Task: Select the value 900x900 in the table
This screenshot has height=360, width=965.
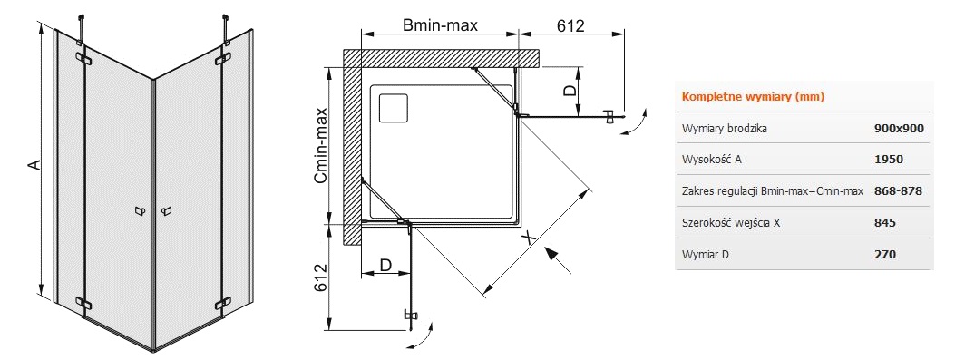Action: click(899, 129)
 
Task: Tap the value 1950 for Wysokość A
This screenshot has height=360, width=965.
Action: click(888, 160)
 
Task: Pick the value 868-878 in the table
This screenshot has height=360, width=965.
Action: click(898, 191)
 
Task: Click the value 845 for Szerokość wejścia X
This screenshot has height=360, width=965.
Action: click(884, 223)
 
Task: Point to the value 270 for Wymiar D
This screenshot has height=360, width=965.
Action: click(884, 254)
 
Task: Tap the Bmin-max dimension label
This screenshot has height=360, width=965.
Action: click(440, 26)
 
